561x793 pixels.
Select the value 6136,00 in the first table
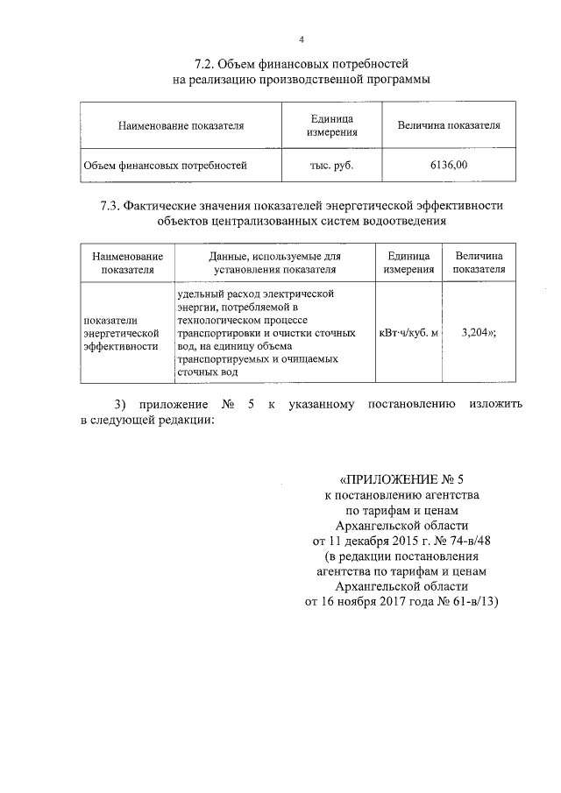449,164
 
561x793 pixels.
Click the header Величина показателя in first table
449,125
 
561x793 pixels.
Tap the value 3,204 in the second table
476,334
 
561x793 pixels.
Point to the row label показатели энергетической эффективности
120,333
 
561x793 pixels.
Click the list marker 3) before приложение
122,404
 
